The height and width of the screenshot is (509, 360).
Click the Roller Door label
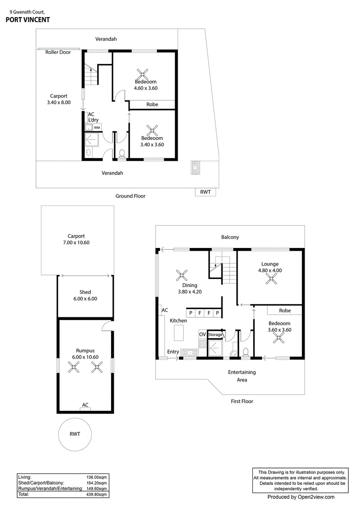[58, 52]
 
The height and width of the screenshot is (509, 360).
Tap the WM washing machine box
[97, 127]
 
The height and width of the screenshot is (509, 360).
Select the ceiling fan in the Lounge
[270, 279]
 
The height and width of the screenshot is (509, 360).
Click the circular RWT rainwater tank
[75, 434]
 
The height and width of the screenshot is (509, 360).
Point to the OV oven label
[202, 334]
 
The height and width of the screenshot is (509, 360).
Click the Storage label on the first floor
[215, 335]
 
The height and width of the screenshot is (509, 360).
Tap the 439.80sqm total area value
[96, 495]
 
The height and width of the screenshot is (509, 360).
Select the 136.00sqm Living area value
[96, 477]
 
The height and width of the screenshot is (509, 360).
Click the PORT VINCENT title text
[28, 20]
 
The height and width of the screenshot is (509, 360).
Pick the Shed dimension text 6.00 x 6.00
[85, 299]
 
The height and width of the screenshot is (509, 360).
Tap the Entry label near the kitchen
[173, 351]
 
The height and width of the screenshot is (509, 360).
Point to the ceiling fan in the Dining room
[182, 275]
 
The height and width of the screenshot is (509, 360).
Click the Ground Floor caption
[130, 196]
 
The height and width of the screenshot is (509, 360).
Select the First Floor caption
[242, 401]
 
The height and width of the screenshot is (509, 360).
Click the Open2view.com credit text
[301, 497]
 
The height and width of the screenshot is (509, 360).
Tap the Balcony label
[230, 237]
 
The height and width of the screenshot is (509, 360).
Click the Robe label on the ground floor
[152, 104]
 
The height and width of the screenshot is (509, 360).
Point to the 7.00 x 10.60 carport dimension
[76, 243]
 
